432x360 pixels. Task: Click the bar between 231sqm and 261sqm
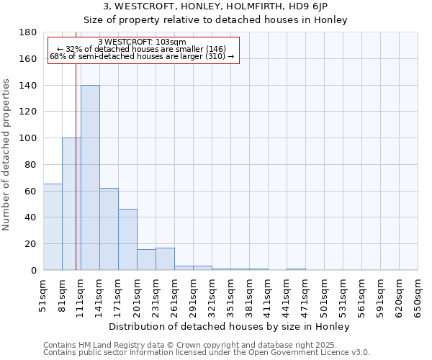(165, 259)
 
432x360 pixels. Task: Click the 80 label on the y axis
(31, 165)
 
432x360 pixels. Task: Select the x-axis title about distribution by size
(230, 327)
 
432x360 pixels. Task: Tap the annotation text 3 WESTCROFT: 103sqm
(142, 42)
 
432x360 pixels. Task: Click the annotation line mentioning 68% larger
(142, 56)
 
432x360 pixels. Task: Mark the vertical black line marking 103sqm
(76, 180)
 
